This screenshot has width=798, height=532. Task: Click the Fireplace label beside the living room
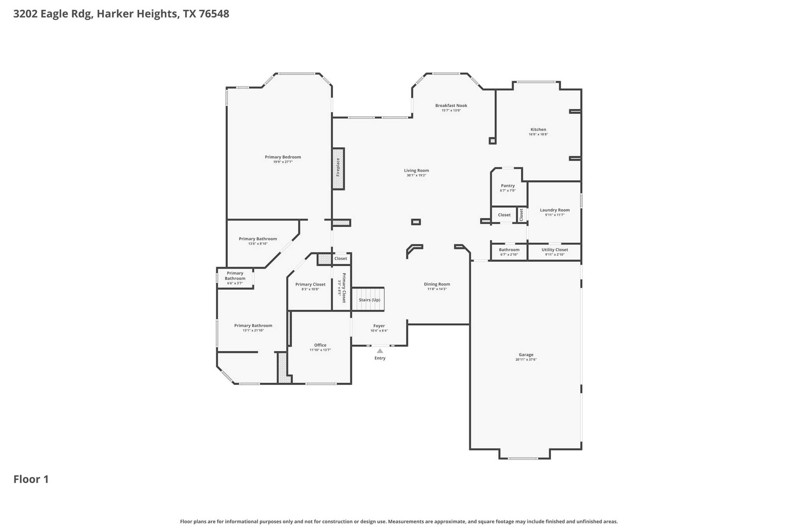click(338, 167)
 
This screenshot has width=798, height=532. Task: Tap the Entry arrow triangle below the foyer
click(380, 351)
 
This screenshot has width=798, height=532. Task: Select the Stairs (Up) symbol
click(368, 299)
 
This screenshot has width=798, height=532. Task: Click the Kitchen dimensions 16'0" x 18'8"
click(538, 134)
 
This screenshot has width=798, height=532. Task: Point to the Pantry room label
click(508, 186)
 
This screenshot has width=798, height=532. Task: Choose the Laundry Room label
click(554, 210)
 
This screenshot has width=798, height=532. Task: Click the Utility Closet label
click(554, 250)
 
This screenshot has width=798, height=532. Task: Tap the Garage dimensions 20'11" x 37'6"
click(526, 360)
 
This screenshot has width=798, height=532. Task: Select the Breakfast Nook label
click(451, 106)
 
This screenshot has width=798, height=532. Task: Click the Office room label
click(320, 345)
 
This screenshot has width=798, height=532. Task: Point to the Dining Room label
click(437, 284)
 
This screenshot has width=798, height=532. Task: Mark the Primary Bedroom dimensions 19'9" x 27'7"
click(282, 162)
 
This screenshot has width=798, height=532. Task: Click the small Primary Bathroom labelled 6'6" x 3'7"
click(235, 278)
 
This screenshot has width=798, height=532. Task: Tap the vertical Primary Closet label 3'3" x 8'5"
click(342, 288)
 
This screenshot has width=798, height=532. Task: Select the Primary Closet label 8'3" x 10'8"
click(310, 285)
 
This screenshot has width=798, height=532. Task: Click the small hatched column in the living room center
click(416, 222)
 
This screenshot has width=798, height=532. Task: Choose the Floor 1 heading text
click(31, 479)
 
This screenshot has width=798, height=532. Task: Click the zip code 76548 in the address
click(214, 14)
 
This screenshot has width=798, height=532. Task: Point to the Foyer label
click(379, 326)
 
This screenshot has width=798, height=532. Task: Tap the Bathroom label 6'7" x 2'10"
click(509, 250)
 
